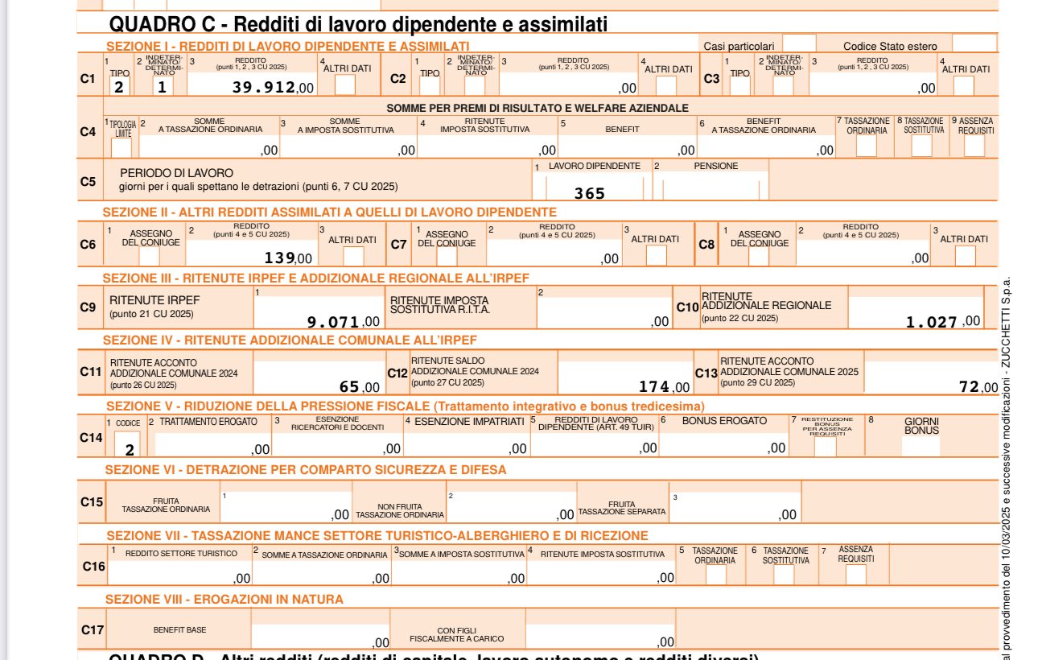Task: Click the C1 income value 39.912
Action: point(263,87)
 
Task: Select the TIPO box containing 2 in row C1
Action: point(119,87)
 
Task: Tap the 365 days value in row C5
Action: point(589,193)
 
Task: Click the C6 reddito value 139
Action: point(280,258)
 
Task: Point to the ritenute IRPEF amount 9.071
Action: point(332,322)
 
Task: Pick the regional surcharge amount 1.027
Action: point(932,322)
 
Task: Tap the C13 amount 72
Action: point(969,387)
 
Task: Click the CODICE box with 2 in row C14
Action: point(127,445)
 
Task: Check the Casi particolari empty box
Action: point(799,44)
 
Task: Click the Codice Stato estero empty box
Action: point(974,44)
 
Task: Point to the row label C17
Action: point(93,629)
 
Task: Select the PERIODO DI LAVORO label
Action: point(176,173)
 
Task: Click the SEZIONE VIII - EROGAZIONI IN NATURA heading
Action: point(224,599)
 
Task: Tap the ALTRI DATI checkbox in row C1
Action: point(345,85)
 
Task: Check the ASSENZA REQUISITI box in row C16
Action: point(856,574)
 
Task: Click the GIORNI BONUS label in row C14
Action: point(921,426)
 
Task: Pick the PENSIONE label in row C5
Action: point(715,166)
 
